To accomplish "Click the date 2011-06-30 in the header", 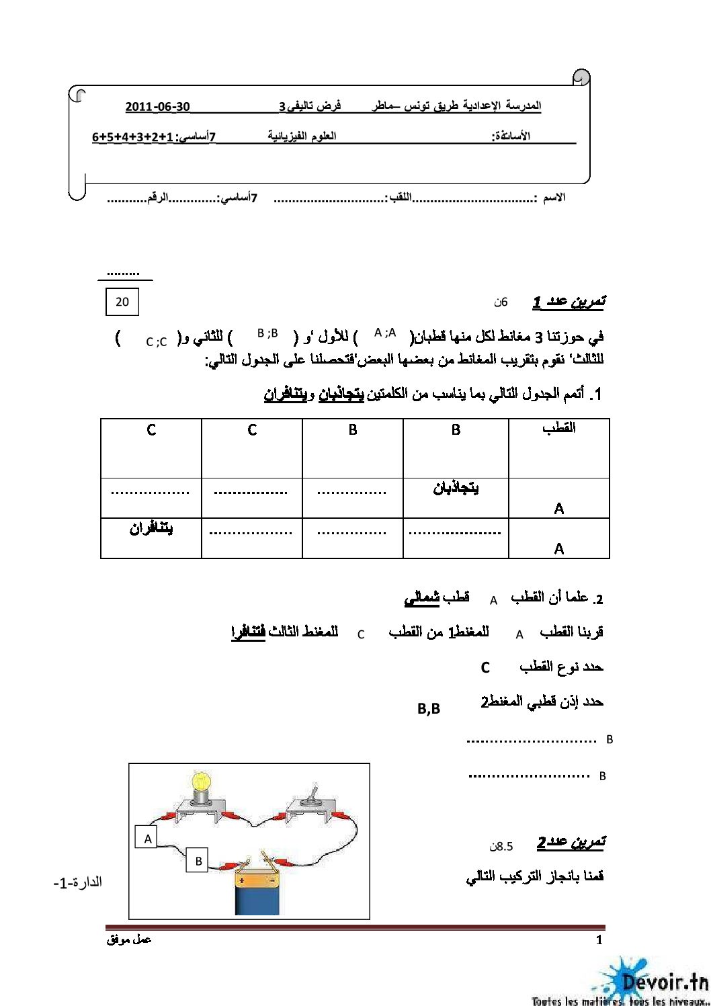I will (158, 107).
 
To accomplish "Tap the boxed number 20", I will (122, 302).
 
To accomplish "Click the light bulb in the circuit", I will (201, 787).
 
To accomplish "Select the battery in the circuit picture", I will (257, 890).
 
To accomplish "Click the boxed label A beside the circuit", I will (148, 838).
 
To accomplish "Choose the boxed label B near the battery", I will (198, 861).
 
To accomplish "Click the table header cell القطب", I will (558, 428).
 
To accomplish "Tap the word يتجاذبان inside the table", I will (456, 488).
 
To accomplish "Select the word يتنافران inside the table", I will (151, 528).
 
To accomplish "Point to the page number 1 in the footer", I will (599, 940).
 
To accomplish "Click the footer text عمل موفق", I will (129, 939).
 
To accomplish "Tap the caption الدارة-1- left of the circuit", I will (78, 882).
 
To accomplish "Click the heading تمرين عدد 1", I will (569, 302).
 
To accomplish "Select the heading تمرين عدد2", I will (571, 842).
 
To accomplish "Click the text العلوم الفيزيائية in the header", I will (302, 136).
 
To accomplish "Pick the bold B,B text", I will (429, 708).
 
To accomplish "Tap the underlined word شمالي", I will (422, 597).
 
